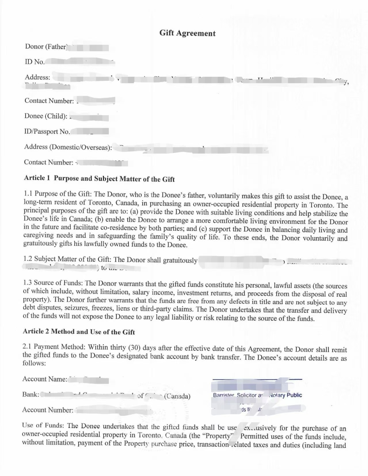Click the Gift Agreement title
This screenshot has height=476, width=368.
[187, 33]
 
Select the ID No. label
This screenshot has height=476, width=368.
[35, 62]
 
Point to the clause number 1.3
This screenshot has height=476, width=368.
[28, 283]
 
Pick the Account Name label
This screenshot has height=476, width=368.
[45, 379]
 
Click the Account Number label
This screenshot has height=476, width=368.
[48, 410]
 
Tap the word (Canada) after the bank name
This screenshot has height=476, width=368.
[177, 396]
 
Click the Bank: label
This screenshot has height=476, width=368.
[31, 394]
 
